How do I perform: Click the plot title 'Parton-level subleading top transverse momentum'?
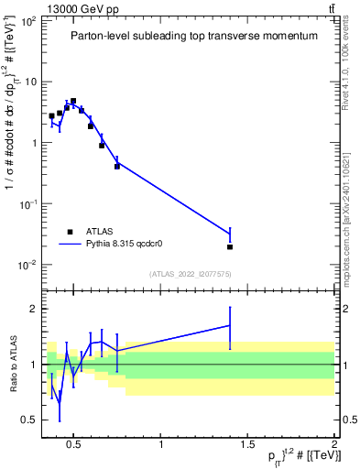tap(194, 36)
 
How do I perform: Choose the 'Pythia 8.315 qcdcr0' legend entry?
tap(128, 245)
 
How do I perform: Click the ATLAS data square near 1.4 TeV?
tap(230, 246)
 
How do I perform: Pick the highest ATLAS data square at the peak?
tap(73, 101)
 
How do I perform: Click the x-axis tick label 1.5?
tap(247, 446)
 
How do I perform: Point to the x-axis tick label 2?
tap(334, 446)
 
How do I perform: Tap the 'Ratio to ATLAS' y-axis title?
tap(11, 365)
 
